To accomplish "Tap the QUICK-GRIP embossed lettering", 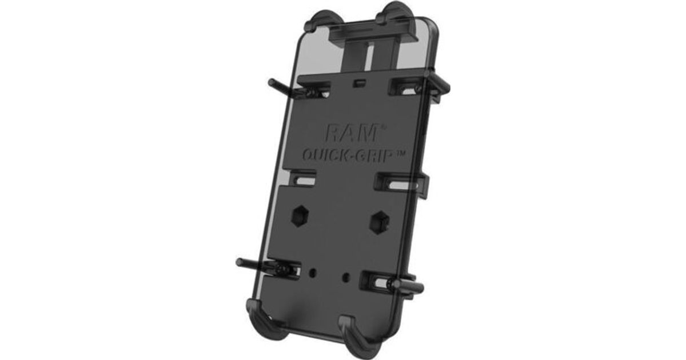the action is [348, 156].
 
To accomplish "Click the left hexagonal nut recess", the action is [300, 217].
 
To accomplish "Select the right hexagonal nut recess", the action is [380, 222].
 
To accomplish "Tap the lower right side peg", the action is [409, 287].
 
